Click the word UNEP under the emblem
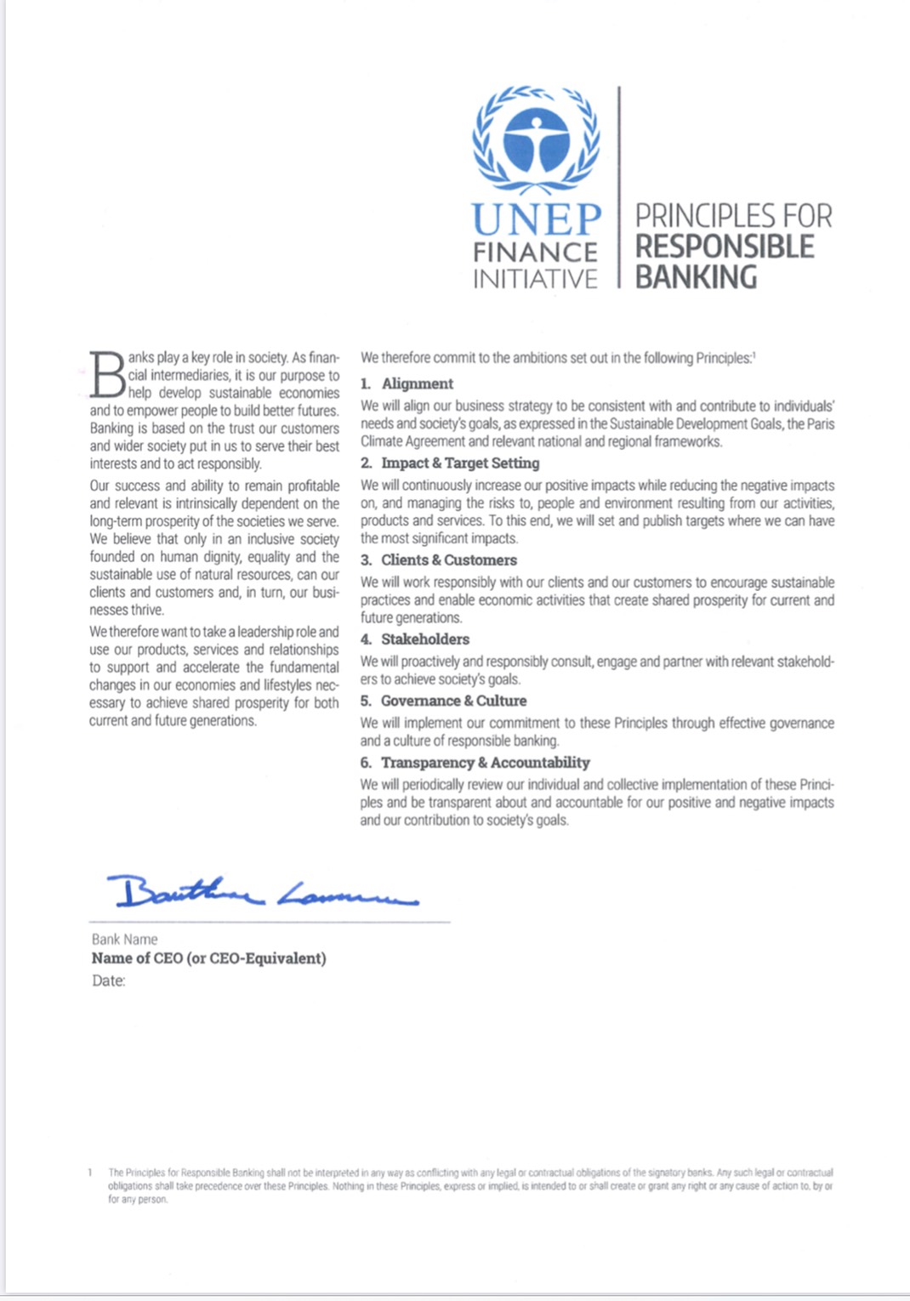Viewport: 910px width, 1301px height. click(537, 219)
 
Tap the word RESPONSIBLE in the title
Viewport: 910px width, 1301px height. click(725, 247)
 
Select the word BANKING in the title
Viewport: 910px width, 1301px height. click(696, 277)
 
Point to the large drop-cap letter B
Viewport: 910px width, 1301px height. click(108, 374)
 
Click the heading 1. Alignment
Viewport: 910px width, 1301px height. click(407, 383)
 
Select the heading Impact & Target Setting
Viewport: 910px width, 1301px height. click(460, 463)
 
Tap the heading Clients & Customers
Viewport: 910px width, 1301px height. click(448, 560)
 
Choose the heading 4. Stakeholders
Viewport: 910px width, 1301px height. click(415, 639)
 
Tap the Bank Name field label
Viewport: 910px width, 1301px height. click(125, 940)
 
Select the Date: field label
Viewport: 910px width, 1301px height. click(109, 981)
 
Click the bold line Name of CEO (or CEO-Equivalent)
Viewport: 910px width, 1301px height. click(209, 958)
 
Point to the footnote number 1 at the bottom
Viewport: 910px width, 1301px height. click(90, 1173)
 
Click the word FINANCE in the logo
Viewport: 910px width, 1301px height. click(535, 253)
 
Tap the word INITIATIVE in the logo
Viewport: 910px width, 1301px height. click(535, 279)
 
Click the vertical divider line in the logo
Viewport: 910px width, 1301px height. click(618, 187)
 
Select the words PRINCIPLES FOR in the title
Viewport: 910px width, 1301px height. click(733, 216)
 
